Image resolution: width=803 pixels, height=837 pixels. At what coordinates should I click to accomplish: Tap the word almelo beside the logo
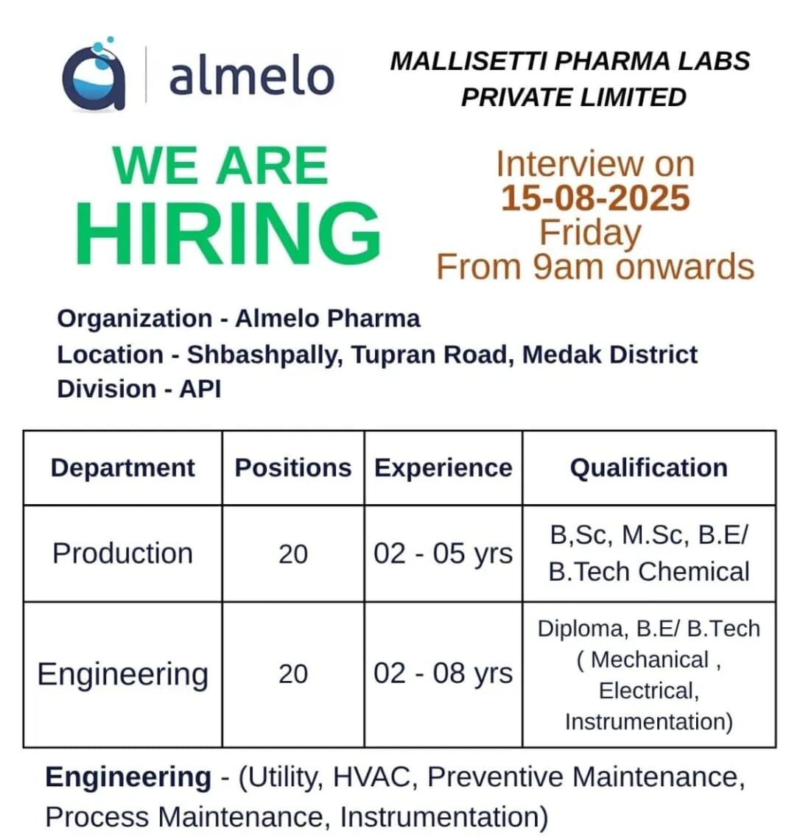coord(251,77)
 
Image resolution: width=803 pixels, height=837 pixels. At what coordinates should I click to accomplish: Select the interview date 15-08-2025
coord(595,198)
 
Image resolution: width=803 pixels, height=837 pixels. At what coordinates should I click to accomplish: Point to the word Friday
coord(590,233)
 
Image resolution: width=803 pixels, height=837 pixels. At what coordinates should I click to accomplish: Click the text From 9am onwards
coord(595,266)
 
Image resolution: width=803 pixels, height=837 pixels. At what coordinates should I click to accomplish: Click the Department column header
coord(123,468)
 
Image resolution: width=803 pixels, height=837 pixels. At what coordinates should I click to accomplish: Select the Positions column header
coord(292,468)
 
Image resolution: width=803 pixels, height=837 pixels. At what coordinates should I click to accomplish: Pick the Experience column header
coord(443,468)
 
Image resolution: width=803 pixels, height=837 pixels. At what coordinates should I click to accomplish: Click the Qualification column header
coord(648,468)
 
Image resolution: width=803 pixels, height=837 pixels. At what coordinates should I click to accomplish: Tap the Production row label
coord(123,553)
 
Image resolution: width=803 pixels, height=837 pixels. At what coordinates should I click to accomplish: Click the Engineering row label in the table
coord(123,674)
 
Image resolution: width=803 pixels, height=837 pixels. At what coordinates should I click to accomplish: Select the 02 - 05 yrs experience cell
coord(443,553)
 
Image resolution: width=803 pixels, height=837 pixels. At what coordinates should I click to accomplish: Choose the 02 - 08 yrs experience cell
coord(443,674)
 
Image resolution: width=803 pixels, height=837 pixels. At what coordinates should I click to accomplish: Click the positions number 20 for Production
coord(292,554)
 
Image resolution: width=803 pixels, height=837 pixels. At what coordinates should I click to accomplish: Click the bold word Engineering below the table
coord(128,777)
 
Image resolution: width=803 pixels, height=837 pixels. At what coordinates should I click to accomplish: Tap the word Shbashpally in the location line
coord(264,355)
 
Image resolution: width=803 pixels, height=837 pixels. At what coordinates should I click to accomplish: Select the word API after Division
coord(200,389)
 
